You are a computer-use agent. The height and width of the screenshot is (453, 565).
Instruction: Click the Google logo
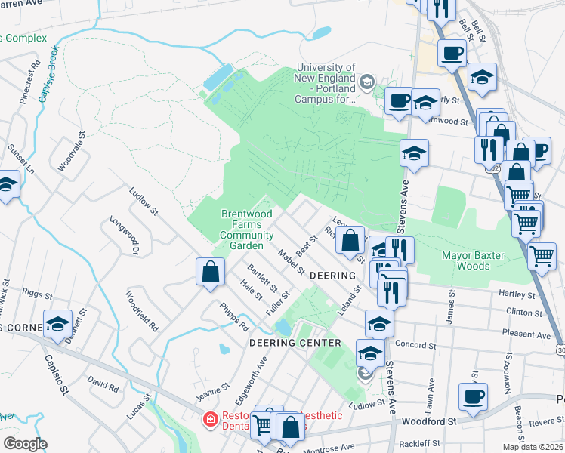(26, 444)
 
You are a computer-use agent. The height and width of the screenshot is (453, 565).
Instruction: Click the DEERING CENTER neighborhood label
(295, 343)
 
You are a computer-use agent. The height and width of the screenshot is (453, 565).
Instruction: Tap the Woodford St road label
(431, 421)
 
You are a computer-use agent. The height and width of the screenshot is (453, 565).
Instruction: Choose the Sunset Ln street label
(20, 159)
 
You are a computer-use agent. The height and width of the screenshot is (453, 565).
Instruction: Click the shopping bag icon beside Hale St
(211, 273)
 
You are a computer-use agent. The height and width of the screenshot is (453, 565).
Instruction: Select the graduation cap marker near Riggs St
(57, 324)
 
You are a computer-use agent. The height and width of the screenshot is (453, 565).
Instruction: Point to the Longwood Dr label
(125, 235)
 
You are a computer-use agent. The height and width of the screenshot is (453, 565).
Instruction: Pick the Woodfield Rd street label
(142, 312)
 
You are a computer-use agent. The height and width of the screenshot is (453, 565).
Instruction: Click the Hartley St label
(517, 293)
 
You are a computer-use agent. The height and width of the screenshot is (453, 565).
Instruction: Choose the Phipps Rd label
(234, 317)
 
